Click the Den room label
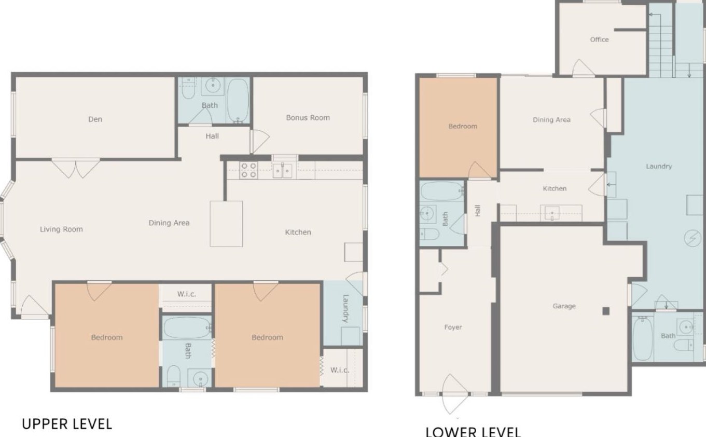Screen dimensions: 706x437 coord(95,119)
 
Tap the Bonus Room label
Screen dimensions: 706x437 coord(308,118)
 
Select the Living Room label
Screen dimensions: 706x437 coord(61,229)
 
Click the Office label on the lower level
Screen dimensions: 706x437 coord(599,39)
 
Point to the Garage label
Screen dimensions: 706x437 coord(564,306)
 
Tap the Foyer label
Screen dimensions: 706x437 coord(453,327)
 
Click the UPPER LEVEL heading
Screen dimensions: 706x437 coord(67,424)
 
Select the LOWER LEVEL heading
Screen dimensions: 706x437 coord(473,432)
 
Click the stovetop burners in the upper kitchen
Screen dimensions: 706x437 coord(248,170)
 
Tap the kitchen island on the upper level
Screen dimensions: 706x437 coord(226,224)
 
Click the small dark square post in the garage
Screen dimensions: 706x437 coord(606,311)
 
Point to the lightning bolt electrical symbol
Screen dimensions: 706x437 coord(693,238)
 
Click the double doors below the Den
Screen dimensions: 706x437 coord(76,169)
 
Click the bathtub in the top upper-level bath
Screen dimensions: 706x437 coord(238,100)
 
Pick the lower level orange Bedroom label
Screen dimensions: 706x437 coord(463,126)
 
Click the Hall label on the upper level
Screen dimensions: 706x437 coord(212,136)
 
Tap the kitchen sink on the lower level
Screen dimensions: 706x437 coord(552,213)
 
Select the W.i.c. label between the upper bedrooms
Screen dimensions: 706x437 coord(187,294)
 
